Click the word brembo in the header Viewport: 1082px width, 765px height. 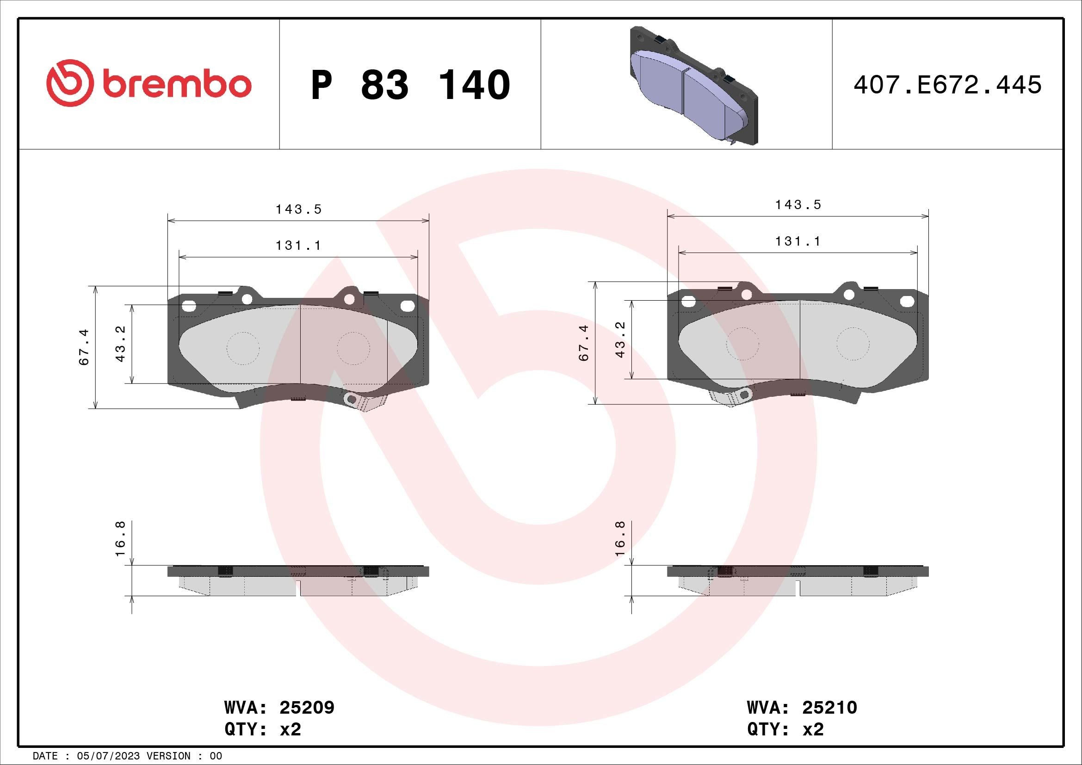coord(175,84)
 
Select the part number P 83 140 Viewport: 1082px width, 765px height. coord(410,85)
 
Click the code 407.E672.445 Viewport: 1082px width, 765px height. coord(947,85)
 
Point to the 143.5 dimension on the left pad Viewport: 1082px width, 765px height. coord(298,210)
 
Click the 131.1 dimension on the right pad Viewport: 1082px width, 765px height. coord(798,241)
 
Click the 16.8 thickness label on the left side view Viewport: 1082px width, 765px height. coord(121,538)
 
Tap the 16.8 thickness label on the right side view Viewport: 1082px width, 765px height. coord(620,538)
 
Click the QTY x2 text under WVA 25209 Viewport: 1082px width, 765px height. coord(262,729)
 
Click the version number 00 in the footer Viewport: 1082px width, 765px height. coord(216,756)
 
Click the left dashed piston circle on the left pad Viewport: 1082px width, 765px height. coord(243,349)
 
